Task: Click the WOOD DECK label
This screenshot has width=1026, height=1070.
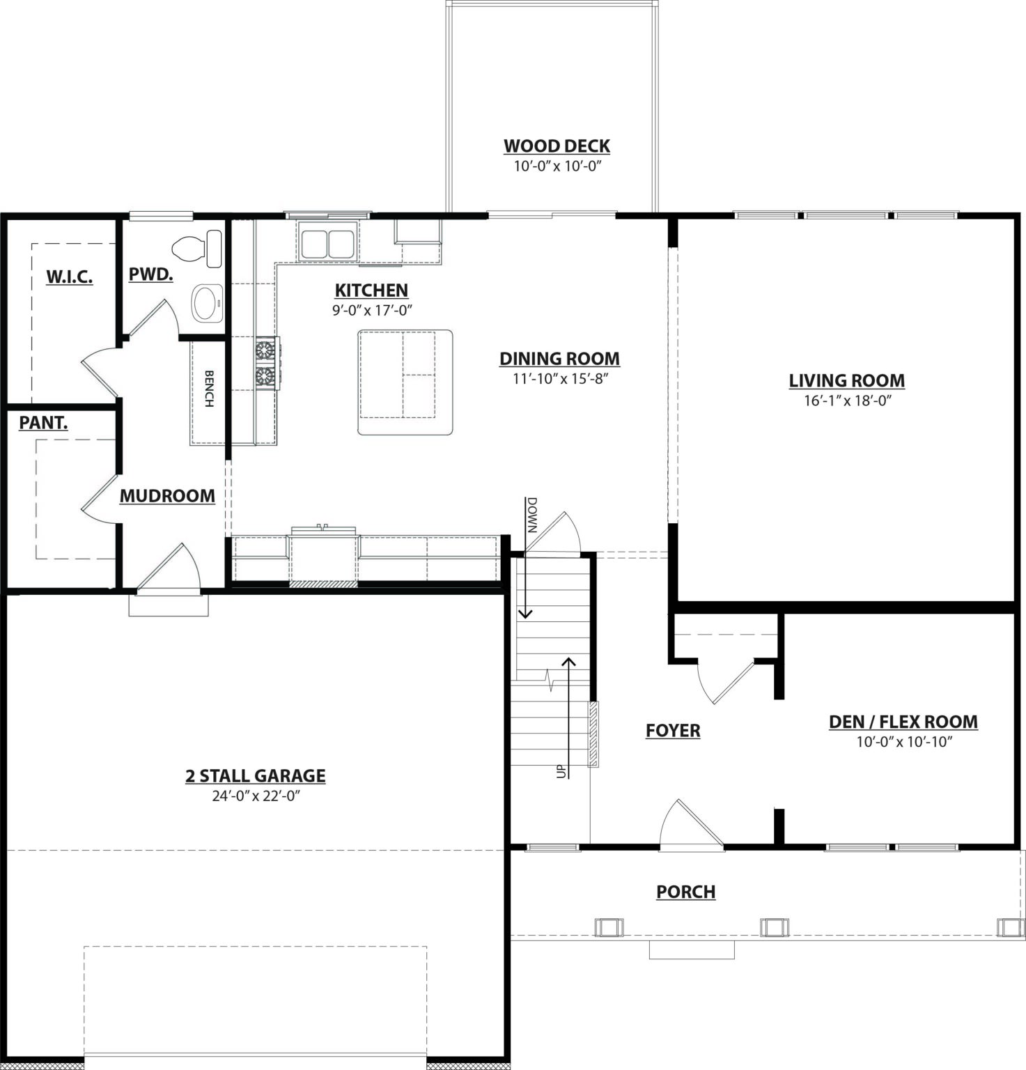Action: point(557,146)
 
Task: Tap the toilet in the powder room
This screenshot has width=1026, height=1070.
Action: point(197,249)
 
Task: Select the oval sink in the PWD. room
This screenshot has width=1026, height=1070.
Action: point(206,303)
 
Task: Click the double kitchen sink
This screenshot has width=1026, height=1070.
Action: point(327,244)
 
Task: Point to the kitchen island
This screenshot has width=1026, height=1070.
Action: point(405,382)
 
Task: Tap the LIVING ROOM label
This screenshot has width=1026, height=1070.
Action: point(847,380)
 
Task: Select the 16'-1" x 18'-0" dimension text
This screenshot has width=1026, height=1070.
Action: point(847,401)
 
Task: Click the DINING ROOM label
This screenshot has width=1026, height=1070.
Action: point(559,359)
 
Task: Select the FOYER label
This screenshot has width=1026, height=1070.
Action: point(673,730)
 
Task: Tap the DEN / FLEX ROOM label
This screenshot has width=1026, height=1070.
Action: point(903,722)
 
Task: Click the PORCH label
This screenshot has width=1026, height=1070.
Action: point(686,892)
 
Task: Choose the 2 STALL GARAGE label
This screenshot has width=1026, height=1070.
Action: point(256,776)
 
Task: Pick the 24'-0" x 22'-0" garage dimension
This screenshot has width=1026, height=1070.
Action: point(256,796)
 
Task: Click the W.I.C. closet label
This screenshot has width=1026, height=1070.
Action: point(70,277)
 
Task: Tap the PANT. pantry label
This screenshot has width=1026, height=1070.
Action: point(43,422)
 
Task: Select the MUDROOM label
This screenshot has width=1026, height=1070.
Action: point(167,496)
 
